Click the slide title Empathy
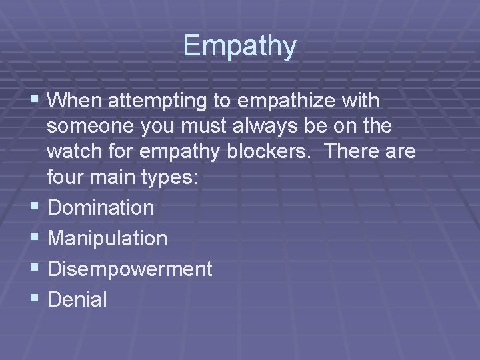click(240, 46)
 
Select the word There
click(347, 152)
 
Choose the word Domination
click(101, 208)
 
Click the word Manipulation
click(108, 238)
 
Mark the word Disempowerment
click(131, 269)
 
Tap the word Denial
click(78, 299)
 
